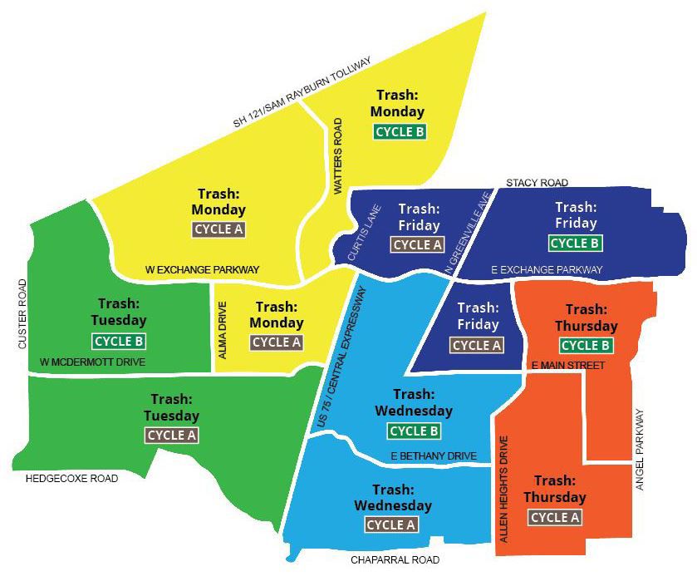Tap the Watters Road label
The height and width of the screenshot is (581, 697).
338,156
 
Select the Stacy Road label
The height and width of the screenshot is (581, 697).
537,182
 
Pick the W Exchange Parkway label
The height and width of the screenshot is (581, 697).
203,269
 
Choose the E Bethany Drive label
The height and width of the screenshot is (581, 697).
434,456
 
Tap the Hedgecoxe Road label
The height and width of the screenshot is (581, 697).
72,478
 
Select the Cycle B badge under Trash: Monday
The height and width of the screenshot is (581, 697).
400,131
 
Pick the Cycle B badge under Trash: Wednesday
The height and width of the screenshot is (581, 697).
413,431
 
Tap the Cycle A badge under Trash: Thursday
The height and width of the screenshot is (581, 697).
554,517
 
